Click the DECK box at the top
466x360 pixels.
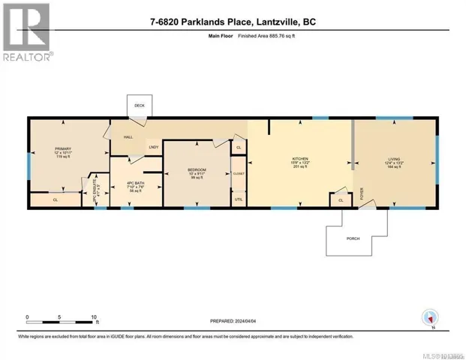(x=139, y=106)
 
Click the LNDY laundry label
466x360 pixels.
(x=153, y=147)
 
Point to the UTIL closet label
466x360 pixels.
(x=239, y=199)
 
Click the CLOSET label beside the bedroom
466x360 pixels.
(x=239, y=173)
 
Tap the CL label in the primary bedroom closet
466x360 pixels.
(x=56, y=200)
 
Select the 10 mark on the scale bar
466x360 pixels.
(x=94, y=317)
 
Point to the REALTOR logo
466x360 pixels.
(x=27, y=32)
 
